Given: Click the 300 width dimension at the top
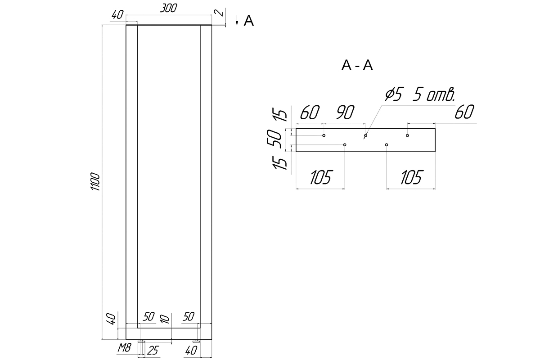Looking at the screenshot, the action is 168,8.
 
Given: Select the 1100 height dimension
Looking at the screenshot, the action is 95,181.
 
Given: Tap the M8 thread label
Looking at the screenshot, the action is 124,348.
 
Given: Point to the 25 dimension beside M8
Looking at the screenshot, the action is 153,351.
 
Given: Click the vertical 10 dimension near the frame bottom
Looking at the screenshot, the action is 165,319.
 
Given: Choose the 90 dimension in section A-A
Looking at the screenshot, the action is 345,112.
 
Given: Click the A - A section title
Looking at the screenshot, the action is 357,65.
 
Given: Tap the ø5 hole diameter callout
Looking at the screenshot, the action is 393,94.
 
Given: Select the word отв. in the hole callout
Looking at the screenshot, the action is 441,95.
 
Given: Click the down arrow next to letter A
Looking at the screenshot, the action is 237,20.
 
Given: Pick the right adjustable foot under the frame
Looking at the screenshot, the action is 197,341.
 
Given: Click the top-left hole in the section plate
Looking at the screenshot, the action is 324,135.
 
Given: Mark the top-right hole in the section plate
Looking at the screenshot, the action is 407,135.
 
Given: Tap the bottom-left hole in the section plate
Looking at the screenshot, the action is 345,145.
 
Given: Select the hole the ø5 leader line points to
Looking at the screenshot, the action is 366,135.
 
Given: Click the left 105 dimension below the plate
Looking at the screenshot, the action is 320,177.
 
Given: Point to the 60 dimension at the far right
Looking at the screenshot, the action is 464,112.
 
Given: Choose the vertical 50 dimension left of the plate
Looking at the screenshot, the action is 274,139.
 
